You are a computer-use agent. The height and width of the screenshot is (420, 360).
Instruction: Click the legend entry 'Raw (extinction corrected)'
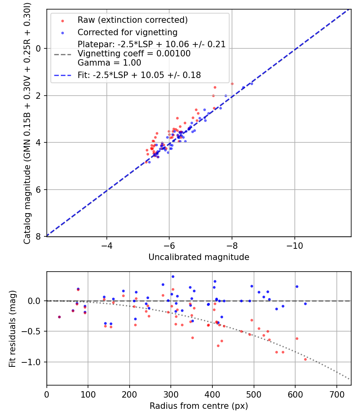click(x=132, y=20)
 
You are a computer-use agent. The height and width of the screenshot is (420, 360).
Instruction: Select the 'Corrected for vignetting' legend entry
click(x=127, y=32)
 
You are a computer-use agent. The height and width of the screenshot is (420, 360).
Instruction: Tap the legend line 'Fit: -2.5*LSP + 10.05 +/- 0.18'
click(x=139, y=75)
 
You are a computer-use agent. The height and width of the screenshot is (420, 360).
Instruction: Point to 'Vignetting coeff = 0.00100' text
click(x=134, y=54)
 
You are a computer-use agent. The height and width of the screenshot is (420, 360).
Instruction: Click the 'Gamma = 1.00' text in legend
click(x=109, y=63)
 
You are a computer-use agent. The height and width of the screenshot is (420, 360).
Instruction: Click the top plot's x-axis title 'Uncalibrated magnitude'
click(x=199, y=257)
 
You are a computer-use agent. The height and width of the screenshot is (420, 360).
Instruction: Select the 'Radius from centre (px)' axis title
click(x=199, y=406)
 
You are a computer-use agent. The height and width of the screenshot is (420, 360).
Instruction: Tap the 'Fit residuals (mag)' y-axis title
click(x=12, y=328)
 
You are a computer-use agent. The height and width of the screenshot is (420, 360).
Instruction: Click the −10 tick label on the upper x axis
click(x=294, y=244)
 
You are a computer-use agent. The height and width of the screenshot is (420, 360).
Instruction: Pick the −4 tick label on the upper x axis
click(x=106, y=244)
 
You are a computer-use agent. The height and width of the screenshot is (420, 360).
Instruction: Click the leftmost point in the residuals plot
click(x=59, y=317)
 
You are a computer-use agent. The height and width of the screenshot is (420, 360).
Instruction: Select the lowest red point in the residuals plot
click(x=305, y=359)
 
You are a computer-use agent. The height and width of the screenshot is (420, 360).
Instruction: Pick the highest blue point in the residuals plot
click(x=173, y=276)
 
